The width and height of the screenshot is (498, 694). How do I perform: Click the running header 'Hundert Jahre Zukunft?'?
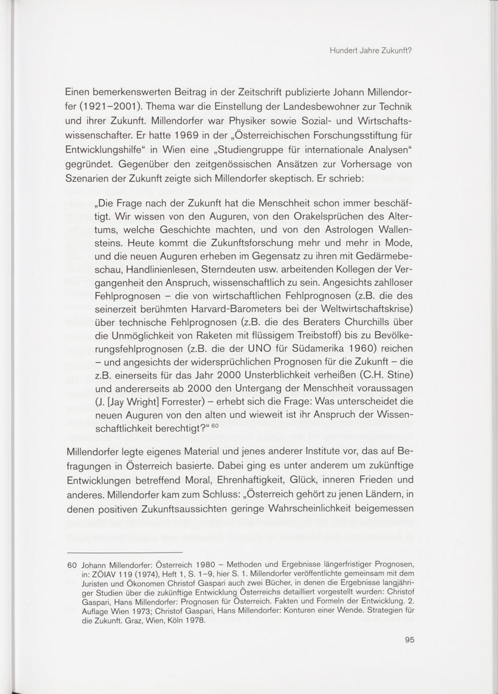point(371,51)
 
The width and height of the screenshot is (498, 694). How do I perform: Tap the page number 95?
point(409,640)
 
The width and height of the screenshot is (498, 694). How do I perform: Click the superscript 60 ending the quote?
point(215,426)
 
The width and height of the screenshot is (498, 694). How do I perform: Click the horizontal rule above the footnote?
point(125,552)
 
